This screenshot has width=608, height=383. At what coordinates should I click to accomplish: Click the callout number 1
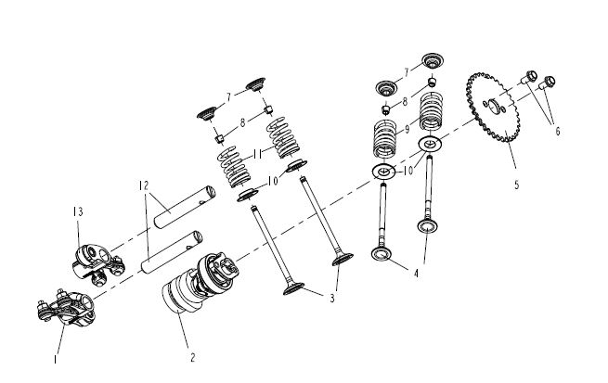pyautogui.click(x=55, y=355)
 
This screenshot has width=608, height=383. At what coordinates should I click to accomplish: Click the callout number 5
pyautogui.click(x=516, y=184)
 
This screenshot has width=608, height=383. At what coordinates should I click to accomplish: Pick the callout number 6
pyautogui.click(x=558, y=130)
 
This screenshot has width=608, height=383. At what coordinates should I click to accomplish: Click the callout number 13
pyautogui.click(x=77, y=212)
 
